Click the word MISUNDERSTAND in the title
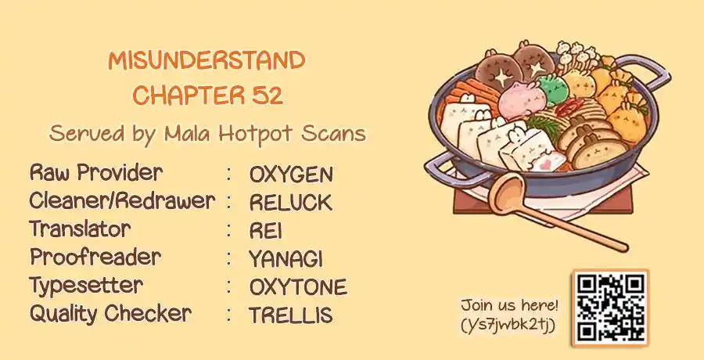pos(207,61)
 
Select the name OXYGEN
pos(292,175)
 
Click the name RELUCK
pos(291,203)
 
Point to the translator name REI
pos(266,231)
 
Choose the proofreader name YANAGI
pos(286,259)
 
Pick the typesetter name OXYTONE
pos(298,287)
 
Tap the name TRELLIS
pos(291,315)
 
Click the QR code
pos(611,308)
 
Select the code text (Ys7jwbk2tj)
pos(508,325)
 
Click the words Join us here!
pos(509,306)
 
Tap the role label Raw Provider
pos(96,173)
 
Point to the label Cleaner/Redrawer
pos(122,201)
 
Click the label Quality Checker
pos(110,313)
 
